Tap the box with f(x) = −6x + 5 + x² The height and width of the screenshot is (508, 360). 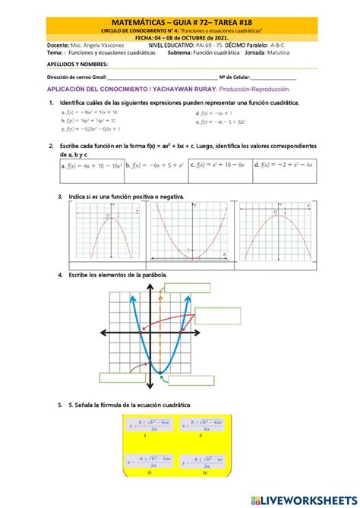pyautogui.click(x=156, y=164)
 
